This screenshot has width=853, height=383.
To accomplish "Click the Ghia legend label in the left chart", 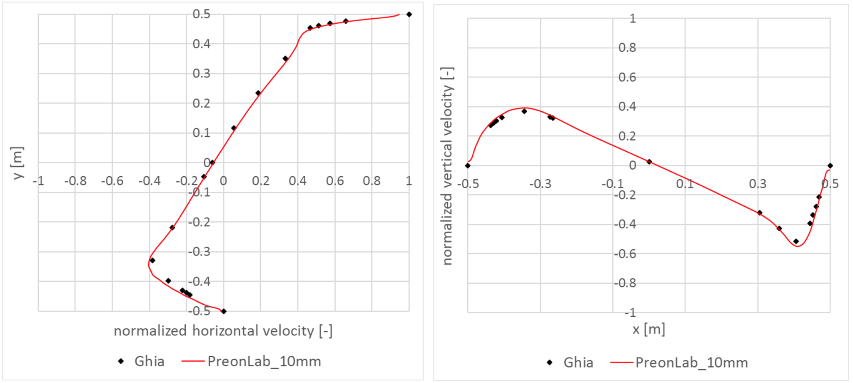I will (149, 361).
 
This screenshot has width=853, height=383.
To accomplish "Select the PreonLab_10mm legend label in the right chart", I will (691, 363).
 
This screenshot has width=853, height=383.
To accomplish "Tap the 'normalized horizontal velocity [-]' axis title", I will (223, 331).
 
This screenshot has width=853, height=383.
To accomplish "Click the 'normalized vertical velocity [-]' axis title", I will (447, 166).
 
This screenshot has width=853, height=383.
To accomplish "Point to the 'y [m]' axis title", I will (18, 163).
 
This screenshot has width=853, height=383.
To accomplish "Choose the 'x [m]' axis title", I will (648, 330).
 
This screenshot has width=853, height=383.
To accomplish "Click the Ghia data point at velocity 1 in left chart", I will (409, 15).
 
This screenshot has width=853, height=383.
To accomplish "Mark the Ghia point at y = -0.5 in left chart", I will (224, 311).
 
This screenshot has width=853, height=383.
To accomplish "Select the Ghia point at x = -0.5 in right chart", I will (468, 166).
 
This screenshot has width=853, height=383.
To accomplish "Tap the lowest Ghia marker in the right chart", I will (796, 241).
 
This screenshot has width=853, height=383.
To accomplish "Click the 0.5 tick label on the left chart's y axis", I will (202, 14).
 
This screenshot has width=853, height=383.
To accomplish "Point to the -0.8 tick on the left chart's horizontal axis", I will (75, 181).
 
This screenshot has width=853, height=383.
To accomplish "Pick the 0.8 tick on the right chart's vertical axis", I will (627, 48).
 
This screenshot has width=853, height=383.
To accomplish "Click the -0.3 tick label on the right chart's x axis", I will (540, 184).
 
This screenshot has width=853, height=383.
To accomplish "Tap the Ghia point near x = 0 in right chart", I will (649, 162).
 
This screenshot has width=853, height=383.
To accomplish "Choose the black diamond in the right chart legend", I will (550, 363).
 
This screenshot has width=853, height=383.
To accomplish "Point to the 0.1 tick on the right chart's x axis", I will (685, 184).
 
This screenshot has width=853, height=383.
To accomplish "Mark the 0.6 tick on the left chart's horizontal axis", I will (335, 181).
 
